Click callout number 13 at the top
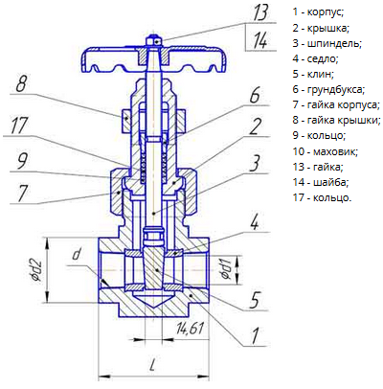[x=259, y=12]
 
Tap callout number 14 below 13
[x=260, y=40]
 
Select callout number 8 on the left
[x=21, y=84]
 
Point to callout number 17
[x=19, y=126]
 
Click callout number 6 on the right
[x=255, y=95]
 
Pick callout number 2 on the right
[x=256, y=126]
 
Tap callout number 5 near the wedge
[x=255, y=300]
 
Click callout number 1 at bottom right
[x=256, y=335]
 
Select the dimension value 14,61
[x=189, y=329]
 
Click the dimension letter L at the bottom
[x=153, y=364]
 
